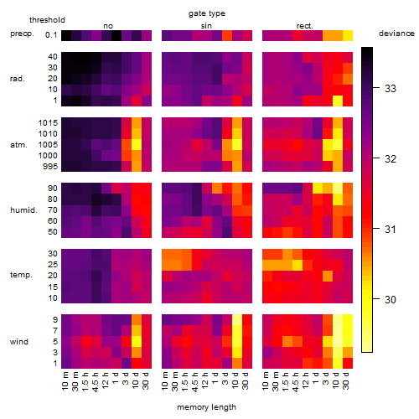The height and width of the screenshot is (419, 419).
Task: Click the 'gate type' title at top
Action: click(207, 13)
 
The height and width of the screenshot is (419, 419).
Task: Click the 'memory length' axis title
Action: click(206, 407)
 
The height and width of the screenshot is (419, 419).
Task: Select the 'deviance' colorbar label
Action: click(396, 34)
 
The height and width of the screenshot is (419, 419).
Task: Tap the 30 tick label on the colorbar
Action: click(391, 300)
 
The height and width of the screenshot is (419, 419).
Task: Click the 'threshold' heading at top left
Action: click(47, 20)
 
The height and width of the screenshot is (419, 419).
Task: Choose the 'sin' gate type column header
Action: click(206, 26)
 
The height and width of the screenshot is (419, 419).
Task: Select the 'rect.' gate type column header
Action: click(304, 26)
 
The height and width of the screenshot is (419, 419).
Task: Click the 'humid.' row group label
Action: click(23, 210)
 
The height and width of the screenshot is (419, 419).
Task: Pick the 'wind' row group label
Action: click(19, 342)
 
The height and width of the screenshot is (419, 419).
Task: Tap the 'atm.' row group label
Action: click(18, 145)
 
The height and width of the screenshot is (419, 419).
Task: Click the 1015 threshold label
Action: click(48, 123)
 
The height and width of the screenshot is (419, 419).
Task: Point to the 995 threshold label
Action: click(50, 167)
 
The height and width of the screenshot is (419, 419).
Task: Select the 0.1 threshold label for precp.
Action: click(51, 35)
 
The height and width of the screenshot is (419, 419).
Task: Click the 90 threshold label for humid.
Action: click(53, 189)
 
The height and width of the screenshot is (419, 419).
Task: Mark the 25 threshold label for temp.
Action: click(53, 265)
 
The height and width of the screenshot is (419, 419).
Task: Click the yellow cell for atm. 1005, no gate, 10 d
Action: click(137, 145)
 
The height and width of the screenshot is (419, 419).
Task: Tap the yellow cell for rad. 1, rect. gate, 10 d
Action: click(338, 101)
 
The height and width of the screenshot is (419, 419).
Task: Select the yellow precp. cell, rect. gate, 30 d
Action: click(348, 36)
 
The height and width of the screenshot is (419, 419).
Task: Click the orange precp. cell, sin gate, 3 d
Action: click(227, 36)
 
